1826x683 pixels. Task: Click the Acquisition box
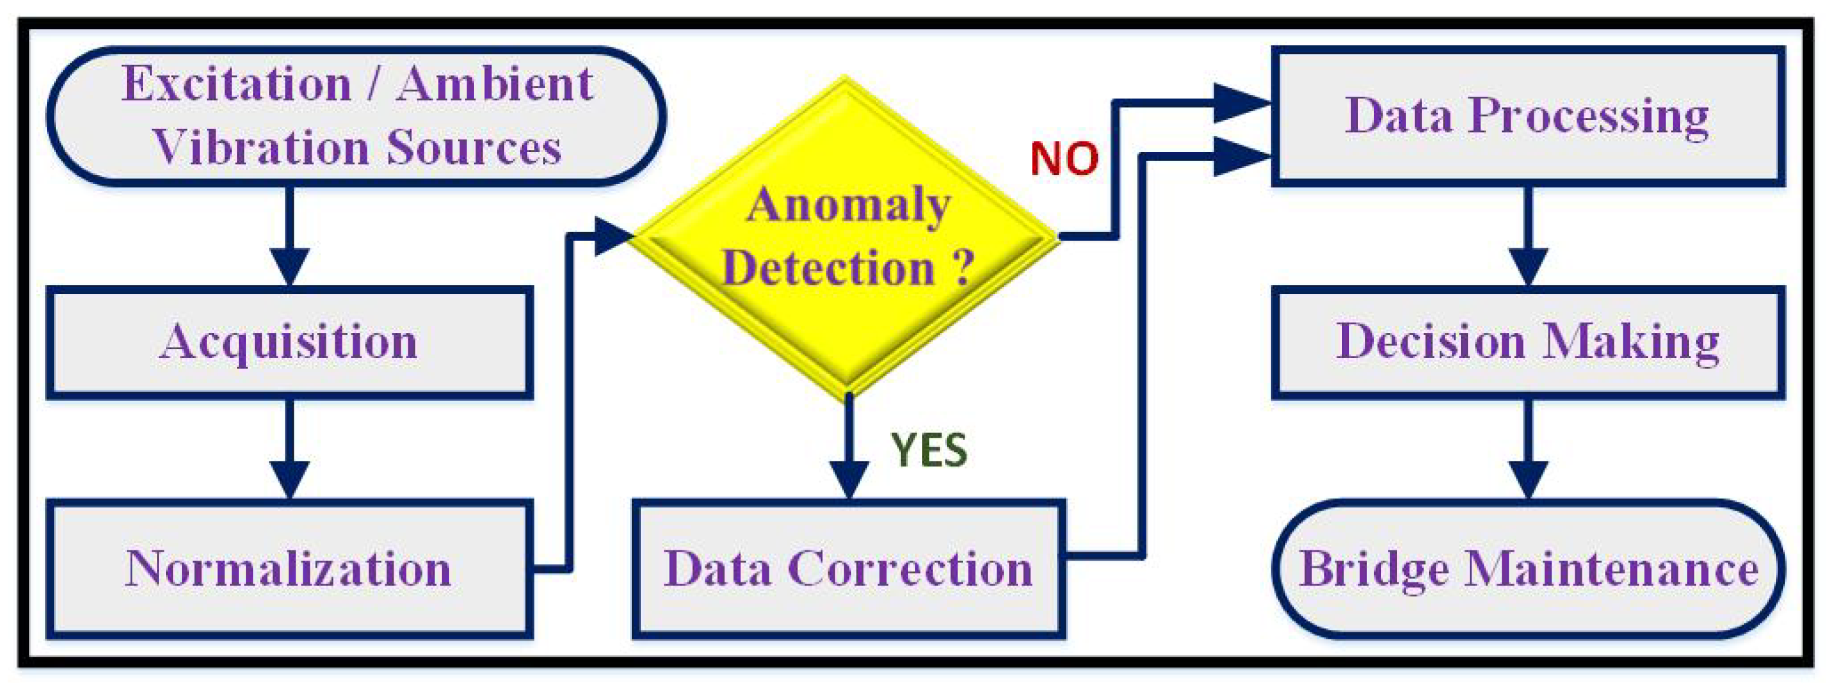[289, 343]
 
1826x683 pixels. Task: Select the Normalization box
[289, 569]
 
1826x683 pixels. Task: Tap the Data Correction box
[848, 569]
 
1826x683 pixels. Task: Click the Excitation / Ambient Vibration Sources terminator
[356, 116]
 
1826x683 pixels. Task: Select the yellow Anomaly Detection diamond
[846, 237]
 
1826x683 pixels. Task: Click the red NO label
[1064, 158]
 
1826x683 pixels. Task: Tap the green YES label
[928, 450]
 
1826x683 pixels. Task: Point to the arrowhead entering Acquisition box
[289, 267]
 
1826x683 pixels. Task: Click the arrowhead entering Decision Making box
[1528, 267]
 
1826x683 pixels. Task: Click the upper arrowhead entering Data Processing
[1241, 103]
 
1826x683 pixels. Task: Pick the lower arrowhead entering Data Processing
[1241, 156]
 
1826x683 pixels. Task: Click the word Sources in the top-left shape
[474, 148]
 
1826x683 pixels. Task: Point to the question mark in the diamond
[962, 268]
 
